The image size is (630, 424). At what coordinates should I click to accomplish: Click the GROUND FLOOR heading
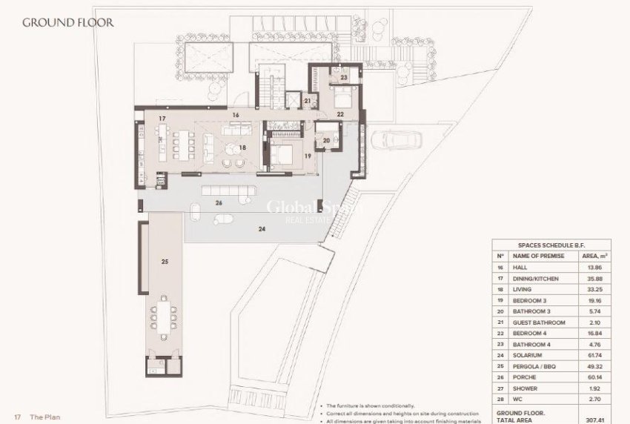pyautogui.click(x=67, y=21)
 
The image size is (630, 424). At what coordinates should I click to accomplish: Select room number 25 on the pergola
pyautogui.click(x=165, y=261)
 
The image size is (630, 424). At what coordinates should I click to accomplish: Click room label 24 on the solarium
pyautogui.click(x=261, y=228)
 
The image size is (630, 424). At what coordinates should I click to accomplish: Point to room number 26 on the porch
pyautogui.click(x=219, y=202)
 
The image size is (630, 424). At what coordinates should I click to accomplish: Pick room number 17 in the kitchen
pyautogui.click(x=161, y=118)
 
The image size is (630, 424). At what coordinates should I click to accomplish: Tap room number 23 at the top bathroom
pyautogui.click(x=344, y=77)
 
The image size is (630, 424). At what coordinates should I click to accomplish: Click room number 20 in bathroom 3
pyautogui.click(x=326, y=139)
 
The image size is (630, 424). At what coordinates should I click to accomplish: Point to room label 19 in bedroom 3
pyautogui.click(x=307, y=156)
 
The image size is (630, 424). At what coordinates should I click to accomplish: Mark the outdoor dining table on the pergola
pyautogui.click(x=163, y=315)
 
